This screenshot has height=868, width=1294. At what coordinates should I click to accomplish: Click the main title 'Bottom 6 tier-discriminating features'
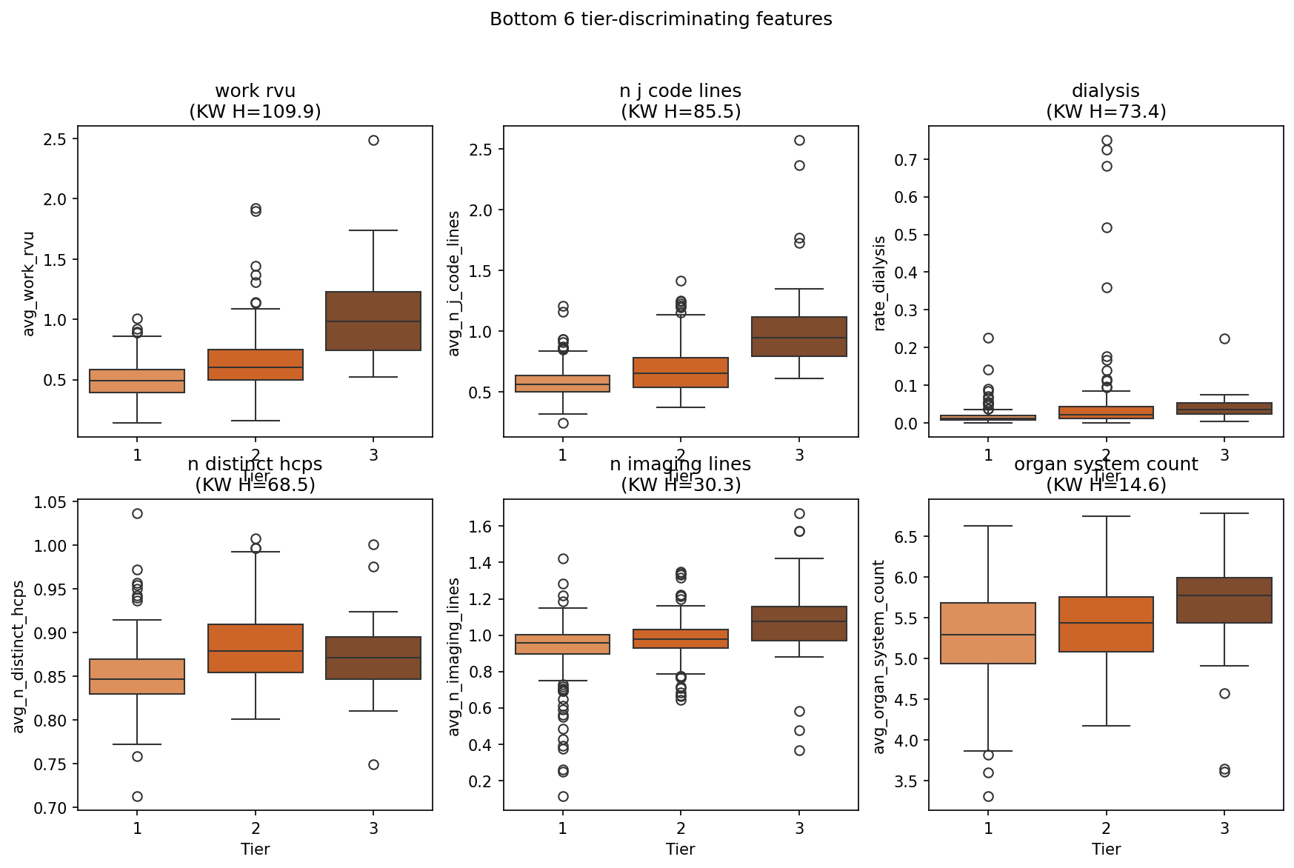click(x=661, y=19)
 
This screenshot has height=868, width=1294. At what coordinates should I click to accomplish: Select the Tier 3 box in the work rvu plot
click(x=373, y=321)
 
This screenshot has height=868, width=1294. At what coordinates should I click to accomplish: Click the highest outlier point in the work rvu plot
click(x=373, y=140)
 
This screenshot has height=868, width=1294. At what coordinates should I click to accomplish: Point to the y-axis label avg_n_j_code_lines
click(x=454, y=283)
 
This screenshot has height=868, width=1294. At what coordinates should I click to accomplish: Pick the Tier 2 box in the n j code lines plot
click(x=681, y=373)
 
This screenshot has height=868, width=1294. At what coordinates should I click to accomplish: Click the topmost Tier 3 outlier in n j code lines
click(x=799, y=140)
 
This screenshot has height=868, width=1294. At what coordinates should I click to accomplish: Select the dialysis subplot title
click(x=1105, y=91)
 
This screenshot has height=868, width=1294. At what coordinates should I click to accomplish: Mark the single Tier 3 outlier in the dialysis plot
click(x=1224, y=338)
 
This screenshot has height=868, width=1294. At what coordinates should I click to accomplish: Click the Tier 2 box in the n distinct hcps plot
click(x=256, y=648)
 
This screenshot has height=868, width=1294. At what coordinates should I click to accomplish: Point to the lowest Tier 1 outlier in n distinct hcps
click(x=137, y=796)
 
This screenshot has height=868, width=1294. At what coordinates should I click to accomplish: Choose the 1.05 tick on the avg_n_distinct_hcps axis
click(x=51, y=503)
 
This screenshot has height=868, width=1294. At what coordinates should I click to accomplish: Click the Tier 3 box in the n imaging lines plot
click(x=799, y=624)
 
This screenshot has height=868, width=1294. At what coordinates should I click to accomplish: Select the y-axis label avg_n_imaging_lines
click(x=454, y=657)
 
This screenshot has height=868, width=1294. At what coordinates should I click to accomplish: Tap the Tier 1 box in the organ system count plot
click(x=988, y=633)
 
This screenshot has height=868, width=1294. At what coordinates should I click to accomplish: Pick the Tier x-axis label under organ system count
click(x=1105, y=849)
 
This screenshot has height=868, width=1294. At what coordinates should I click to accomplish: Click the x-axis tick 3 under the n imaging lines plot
click(x=799, y=828)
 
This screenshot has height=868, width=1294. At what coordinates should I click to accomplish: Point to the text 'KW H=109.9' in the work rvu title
click(x=256, y=112)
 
